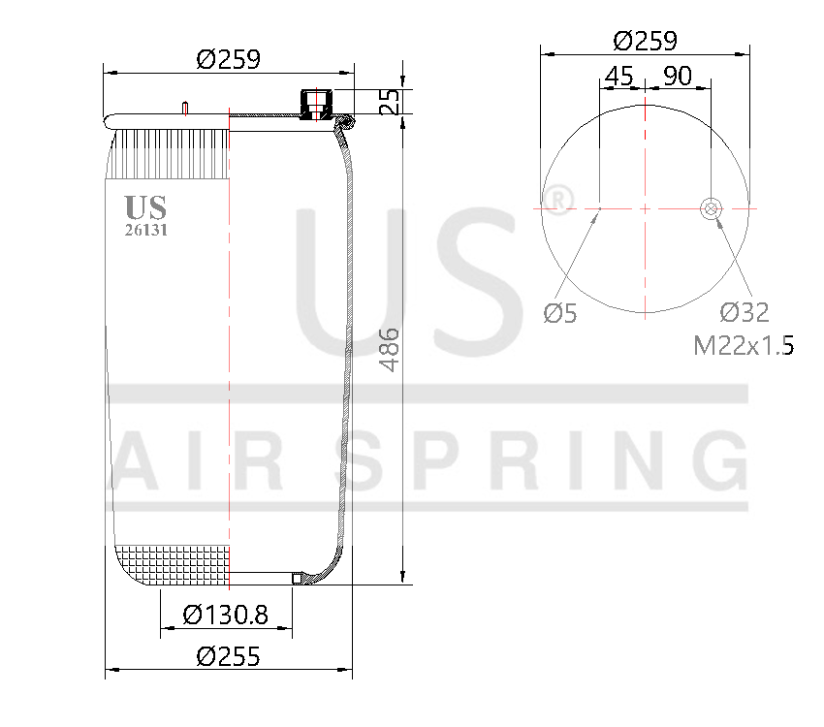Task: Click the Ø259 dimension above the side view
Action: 229,59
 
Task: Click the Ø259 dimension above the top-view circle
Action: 646,41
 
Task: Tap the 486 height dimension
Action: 390,350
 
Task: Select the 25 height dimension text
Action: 390,101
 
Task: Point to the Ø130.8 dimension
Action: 225,614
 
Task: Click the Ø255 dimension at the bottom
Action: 229,656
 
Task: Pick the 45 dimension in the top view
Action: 618,76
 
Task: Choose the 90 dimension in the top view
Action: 678,76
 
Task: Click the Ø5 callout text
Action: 560,313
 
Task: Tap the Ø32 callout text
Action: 744,312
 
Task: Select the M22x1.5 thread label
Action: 744,345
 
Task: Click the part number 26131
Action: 145,230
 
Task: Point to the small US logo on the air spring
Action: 145,207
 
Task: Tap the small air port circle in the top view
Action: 711,207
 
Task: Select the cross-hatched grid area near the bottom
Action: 173,564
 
